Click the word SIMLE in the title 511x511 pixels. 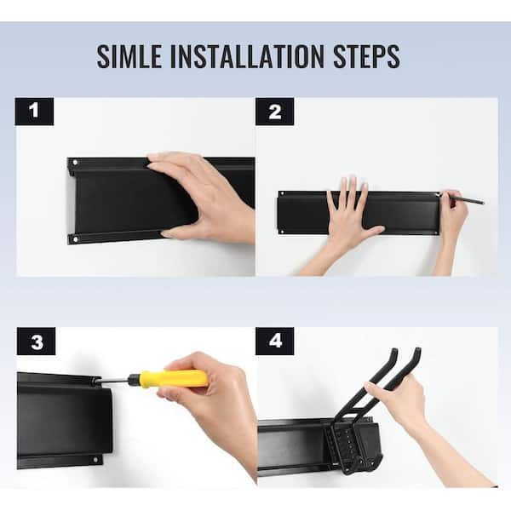click(129, 56)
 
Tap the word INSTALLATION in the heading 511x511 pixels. click(247, 56)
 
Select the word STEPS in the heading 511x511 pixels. click(366, 56)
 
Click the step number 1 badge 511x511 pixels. click(34, 112)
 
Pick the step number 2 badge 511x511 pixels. click(275, 112)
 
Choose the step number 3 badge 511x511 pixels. click(36, 342)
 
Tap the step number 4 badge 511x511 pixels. click(275, 342)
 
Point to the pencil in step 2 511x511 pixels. click(462, 198)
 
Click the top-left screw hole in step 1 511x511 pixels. click(75, 162)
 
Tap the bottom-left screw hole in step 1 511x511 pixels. click(76, 239)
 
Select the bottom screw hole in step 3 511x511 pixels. click(95, 460)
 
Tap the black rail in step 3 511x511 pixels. click(65, 421)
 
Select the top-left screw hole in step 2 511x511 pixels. click(282, 193)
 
